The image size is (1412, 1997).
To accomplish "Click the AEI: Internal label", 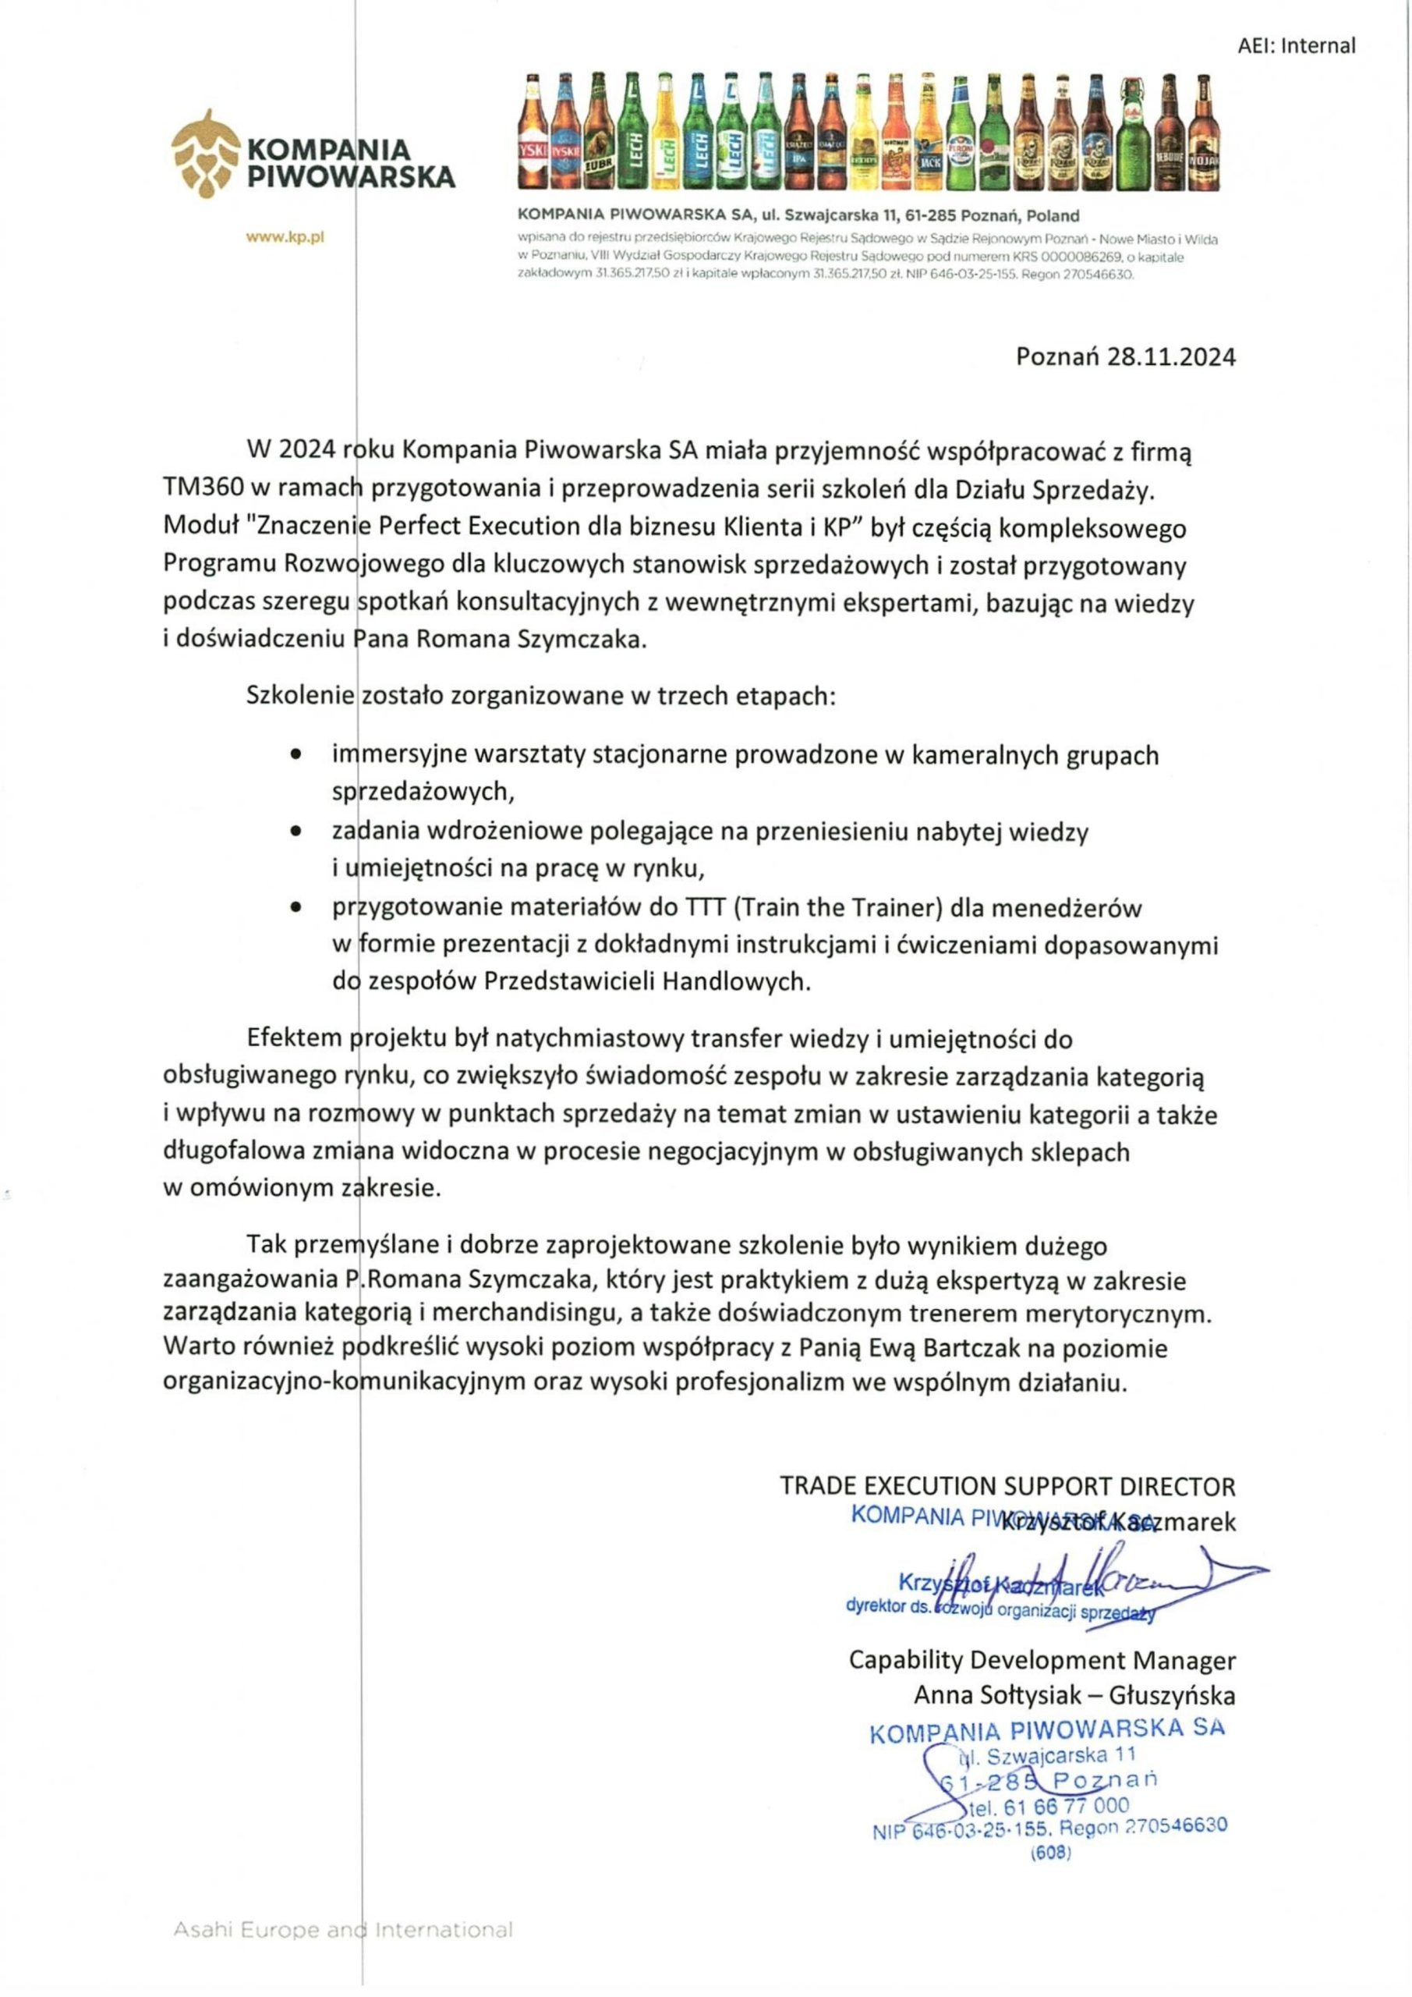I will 1296,45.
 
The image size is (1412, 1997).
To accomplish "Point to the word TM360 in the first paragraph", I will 202,490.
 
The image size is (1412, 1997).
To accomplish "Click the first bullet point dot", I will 297,755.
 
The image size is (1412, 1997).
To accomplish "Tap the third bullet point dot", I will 297,908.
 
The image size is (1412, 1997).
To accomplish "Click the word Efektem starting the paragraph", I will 296,1038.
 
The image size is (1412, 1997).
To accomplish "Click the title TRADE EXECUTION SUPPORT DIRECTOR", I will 1007,1485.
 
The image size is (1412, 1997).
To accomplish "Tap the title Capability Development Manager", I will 1042,1661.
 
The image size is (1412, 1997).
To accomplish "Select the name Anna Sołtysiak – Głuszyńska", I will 1074,1695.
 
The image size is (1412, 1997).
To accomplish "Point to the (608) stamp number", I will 1050,1853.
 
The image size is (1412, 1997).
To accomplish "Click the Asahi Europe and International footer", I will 343,1931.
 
